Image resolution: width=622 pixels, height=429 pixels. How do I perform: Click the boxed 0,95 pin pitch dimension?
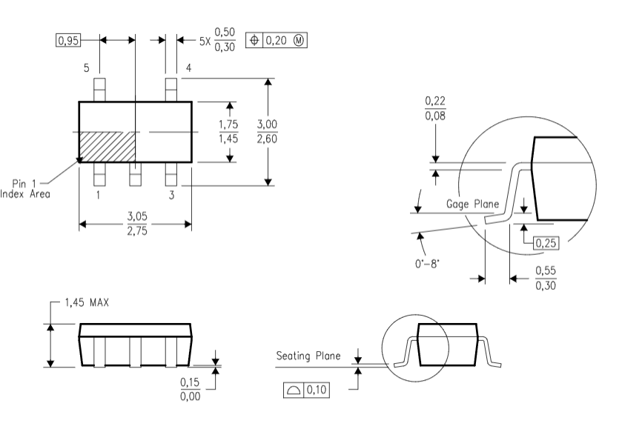68,39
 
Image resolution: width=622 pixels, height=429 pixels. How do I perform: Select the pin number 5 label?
87,68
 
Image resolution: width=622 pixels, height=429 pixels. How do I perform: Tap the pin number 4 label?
188,68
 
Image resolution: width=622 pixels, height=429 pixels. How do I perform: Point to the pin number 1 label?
98,195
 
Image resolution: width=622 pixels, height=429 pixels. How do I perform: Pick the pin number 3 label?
171,195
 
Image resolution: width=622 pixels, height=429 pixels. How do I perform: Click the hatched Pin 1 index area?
107,145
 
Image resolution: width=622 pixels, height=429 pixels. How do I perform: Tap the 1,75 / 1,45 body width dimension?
228,131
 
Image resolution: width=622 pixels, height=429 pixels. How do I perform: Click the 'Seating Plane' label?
308,356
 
